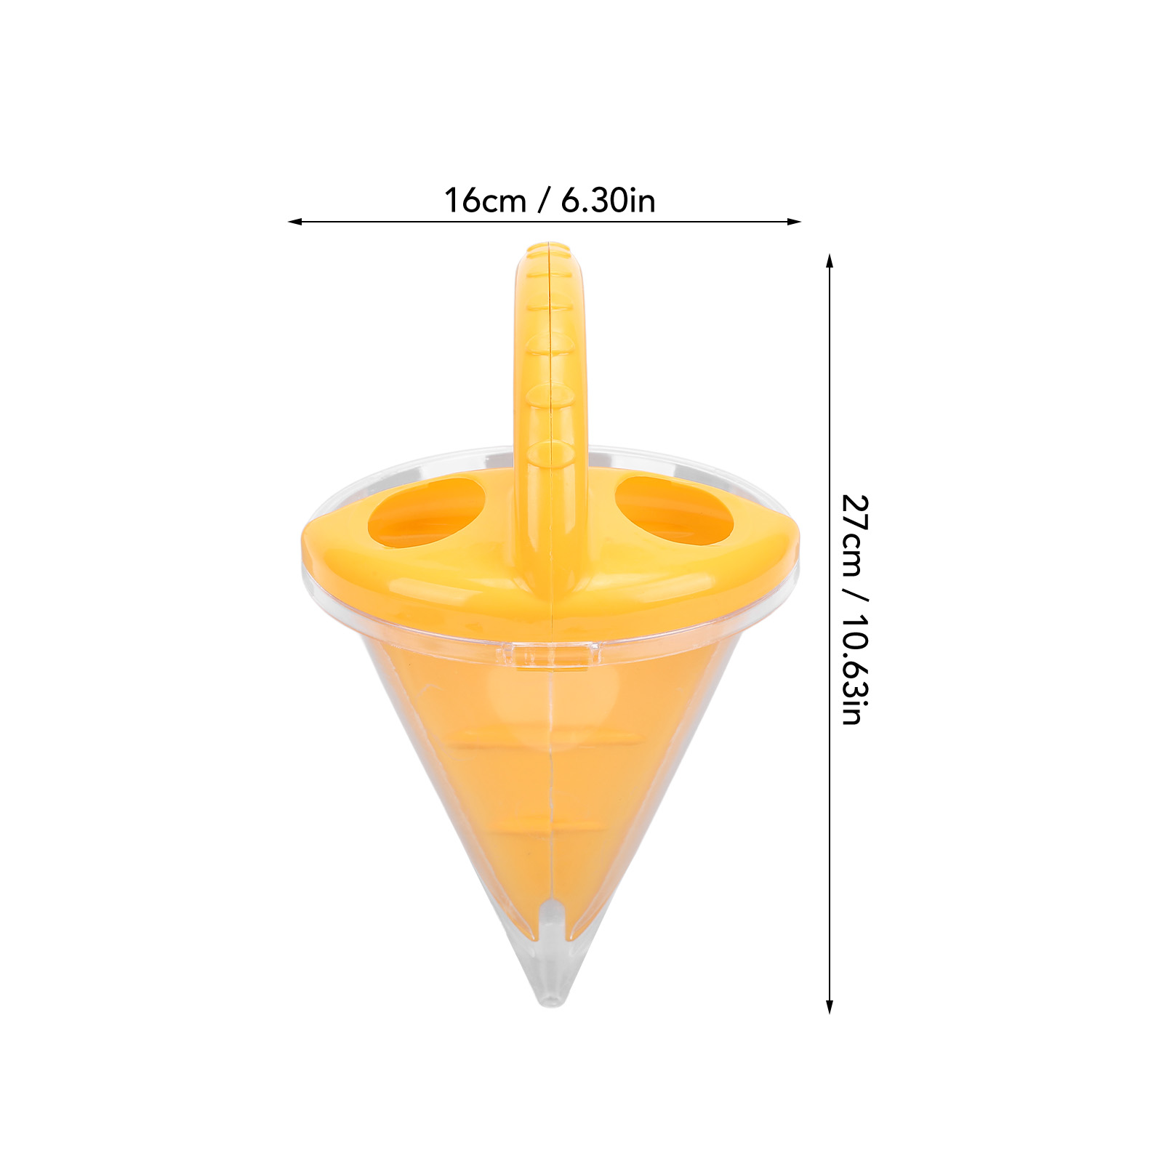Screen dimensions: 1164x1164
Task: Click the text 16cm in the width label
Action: [485, 201]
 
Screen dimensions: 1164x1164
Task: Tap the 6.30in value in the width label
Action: [608, 201]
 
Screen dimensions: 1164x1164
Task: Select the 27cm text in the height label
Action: [855, 535]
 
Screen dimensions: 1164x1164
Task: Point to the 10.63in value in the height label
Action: [855, 670]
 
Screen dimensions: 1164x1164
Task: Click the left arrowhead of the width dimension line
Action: [294, 222]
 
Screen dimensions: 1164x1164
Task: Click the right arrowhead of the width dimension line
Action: [794, 222]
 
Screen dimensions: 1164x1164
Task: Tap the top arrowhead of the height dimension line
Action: [830, 261]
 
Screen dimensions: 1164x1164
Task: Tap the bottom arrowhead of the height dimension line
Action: [830, 1006]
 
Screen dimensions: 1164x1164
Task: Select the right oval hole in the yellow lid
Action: [673, 510]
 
